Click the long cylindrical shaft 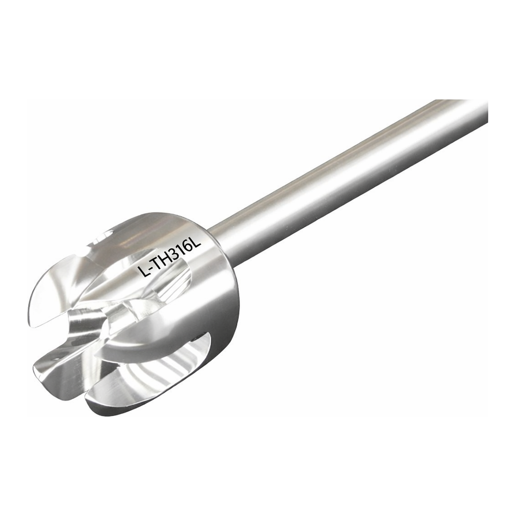[x=349, y=165]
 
